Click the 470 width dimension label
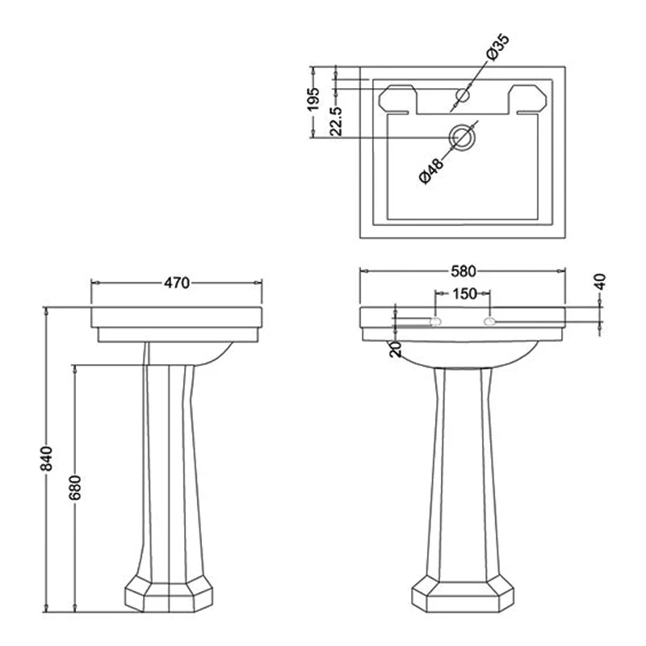[x=177, y=283]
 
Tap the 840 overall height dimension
[x=46, y=459]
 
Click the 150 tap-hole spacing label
[x=464, y=294]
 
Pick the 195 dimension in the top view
[x=314, y=99]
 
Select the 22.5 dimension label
[x=336, y=119]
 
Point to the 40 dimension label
[x=599, y=282]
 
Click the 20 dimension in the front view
[x=394, y=348]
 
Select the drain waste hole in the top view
[x=463, y=138]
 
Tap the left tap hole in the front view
[x=435, y=322]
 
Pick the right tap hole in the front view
[x=489, y=323]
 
